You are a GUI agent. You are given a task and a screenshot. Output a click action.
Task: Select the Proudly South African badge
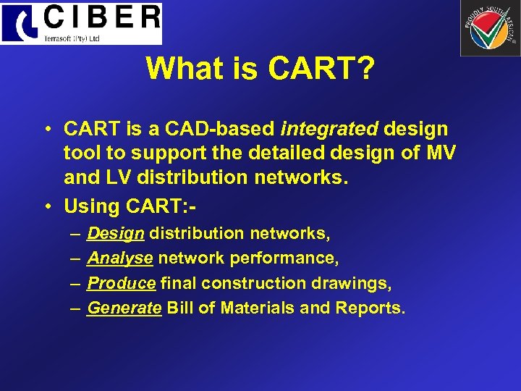pyautogui.click(x=489, y=28)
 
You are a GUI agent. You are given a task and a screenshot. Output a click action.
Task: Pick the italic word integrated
pyautogui.click(x=329, y=129)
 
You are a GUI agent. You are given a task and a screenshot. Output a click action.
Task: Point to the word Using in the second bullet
pyautogui.click(x=90, y=206)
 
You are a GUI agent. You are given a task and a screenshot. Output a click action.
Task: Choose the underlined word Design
pyautogui.click(x=116, y=233)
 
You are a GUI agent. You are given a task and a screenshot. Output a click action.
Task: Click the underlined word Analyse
pyautogui.click(x=119, y=258)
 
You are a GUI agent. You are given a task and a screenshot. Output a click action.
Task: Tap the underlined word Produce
pyautogui.click(x=121, y=282)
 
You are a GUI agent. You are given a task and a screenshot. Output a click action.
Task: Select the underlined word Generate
pyautogui.click(x=124, y=308)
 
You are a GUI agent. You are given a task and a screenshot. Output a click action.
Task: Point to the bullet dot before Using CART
pyautogui.click(x=46, y=207)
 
